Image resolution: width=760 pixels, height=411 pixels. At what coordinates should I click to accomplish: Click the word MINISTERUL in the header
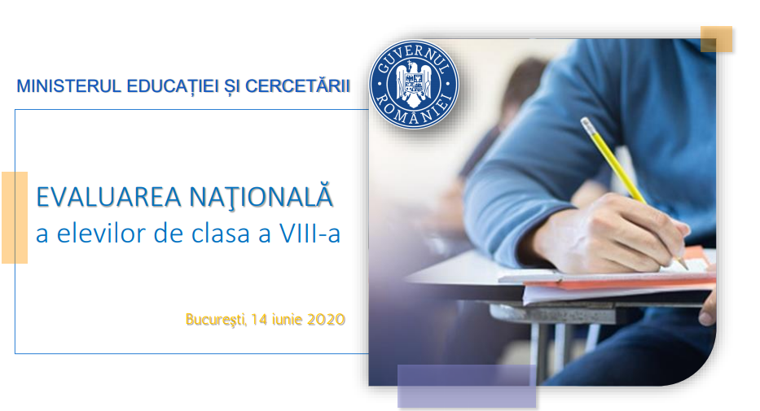point(68,86)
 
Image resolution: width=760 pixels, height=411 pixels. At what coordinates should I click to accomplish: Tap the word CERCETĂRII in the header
point(297,85)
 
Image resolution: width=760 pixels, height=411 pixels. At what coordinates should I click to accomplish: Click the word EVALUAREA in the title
point(108,197)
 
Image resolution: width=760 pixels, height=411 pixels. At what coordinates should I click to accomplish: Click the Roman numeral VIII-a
point(310,233)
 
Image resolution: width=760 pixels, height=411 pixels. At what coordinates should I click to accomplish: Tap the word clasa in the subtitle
point(222,233)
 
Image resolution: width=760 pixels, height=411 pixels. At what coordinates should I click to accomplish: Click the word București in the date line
point(216,320)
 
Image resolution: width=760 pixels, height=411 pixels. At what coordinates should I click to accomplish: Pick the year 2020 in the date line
point(326,320)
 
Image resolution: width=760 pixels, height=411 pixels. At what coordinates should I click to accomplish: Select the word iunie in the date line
point(288,320)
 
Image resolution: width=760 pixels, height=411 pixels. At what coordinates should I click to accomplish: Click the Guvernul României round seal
point(414,84)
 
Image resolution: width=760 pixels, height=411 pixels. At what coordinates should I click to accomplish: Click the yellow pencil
point(634,193)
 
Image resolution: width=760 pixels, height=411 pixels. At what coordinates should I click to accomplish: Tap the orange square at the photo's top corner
point(716,39)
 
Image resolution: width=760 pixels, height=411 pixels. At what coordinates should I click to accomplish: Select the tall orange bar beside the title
point(15,217)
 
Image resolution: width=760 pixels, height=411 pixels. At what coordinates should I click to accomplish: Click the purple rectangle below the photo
point(467,386)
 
